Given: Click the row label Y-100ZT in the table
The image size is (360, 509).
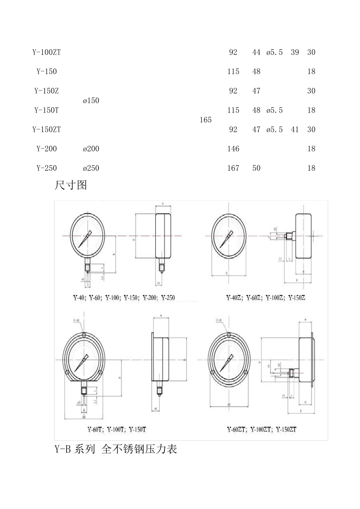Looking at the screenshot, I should pyautogui.click(x=46, y=52).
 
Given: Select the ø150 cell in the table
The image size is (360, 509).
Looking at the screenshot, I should pyautogui.click(x=91, y=100).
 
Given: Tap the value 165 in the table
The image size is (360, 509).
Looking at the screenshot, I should pyautogui.click(x=205, y=120).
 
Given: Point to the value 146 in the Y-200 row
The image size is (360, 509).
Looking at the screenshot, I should pyautogui.click(x=233, y=149).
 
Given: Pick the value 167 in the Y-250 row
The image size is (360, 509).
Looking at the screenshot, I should pyautogui.click(x=233, y=168).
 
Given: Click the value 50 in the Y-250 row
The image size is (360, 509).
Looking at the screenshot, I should pyautogui.click(x=256, y=168).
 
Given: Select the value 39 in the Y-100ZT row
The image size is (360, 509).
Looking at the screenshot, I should pyautogui.click(x=295, y=52).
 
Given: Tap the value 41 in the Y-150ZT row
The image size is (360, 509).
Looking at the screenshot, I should pyautogui.click(x=295, y=130).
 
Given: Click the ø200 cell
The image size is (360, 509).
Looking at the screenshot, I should pyautogui.click(x=91, y=149).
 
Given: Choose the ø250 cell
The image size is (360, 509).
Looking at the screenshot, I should pyautogui.click(x=91, y=168).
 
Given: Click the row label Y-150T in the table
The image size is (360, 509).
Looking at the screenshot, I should pyautogui.click(x=46, y=110).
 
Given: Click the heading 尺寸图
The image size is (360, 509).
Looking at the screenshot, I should pyautogui.click(x=71, y=185).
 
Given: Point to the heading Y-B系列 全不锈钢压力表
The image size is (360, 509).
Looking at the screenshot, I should pyautogui.click(x=116, y=450).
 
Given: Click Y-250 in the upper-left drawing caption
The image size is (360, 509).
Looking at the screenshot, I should pyautogui.click(x=168, y=298).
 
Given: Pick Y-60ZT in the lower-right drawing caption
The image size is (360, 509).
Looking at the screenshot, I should pyautogui.click(x=236, y=429).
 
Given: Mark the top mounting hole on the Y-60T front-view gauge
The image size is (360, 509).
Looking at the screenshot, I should pyautogui.click(x=84, y=334).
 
